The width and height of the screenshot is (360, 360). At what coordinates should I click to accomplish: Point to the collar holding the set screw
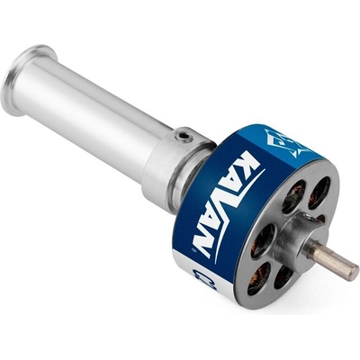pos(171,157)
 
